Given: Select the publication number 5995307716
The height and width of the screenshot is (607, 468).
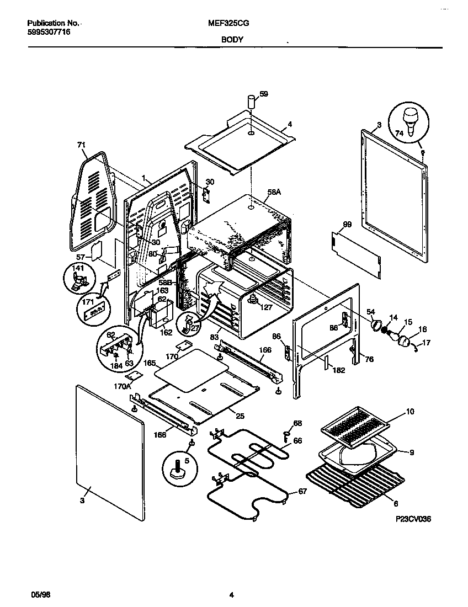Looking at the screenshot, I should coord(49,33).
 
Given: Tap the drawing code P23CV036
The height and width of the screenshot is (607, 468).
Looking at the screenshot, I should coord(412,519).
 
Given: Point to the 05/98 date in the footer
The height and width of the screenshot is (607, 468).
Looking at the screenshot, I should coord(34,594).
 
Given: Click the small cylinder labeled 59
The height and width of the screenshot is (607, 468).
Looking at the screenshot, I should coord(251,103).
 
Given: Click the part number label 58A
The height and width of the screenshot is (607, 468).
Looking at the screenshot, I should coord(274,193).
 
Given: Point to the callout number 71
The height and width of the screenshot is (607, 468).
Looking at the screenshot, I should coord(82,145).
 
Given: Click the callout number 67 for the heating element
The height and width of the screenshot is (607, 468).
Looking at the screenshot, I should coord(302,492).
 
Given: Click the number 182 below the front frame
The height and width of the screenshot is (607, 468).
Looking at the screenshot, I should coord(338,370).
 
